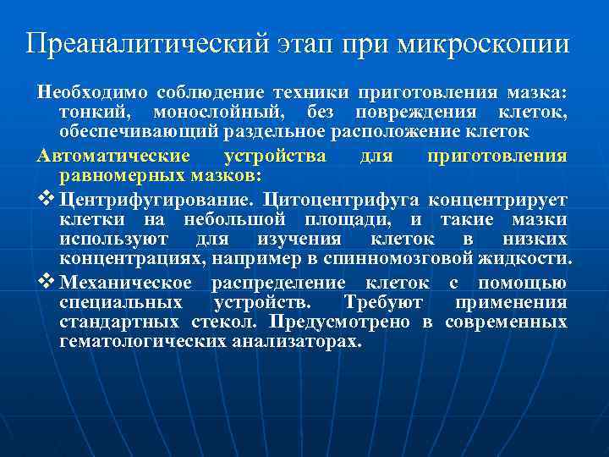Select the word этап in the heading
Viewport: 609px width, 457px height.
coord(306,42)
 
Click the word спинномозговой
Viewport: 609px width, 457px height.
coord(419,258)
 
